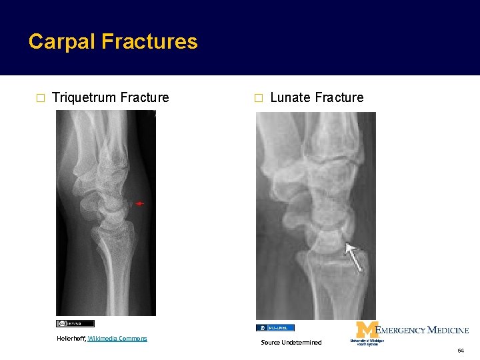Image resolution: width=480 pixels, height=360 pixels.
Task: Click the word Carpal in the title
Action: [x=62, y=42]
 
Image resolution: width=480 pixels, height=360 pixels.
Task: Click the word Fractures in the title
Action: [x=149, y=42]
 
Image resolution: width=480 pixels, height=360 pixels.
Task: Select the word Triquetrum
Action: [x=85, y=97]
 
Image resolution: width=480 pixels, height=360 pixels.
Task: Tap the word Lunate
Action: [x=291, y=97]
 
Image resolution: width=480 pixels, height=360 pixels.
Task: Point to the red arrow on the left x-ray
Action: [x=139, y=203]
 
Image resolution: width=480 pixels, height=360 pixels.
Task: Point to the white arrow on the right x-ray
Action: [x=353, y=258]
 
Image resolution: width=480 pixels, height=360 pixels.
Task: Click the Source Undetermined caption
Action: [x=291, y=342]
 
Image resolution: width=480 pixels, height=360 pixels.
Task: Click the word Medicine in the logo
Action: [x=447, y=330]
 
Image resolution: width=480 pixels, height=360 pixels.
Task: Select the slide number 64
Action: [x=460, y=351]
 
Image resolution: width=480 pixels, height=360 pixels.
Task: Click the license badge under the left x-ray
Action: [x=75, y=323]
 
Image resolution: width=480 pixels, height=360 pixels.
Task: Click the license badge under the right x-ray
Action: [x=275, y=327]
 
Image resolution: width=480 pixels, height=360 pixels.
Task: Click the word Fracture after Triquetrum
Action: [x=145, y=97]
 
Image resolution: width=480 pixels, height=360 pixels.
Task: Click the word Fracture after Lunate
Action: [x=339, y=97]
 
